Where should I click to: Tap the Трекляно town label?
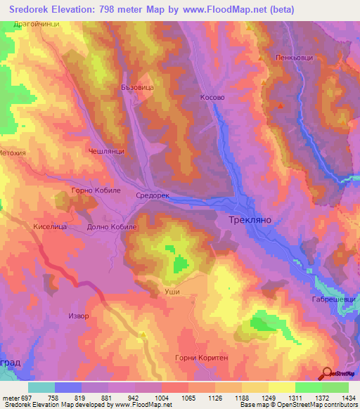point(250,220)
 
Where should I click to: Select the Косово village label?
point(212,98)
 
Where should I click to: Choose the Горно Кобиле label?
point(97,190)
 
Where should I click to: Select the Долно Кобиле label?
point(112,227)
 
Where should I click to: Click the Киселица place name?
point(50,227)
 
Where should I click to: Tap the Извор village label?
point(79,316)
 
